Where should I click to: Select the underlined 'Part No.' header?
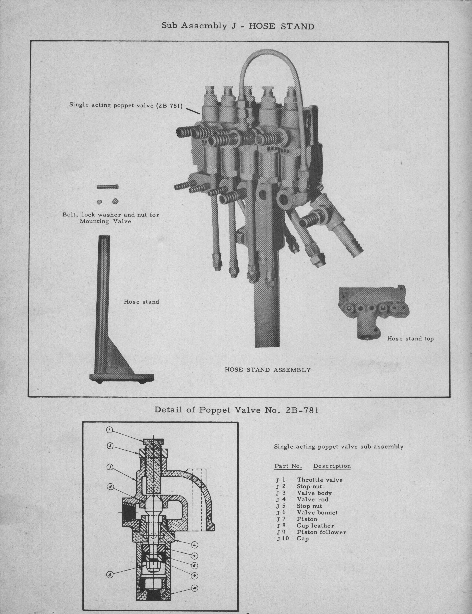(288, 466)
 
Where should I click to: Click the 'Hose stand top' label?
(410, 339)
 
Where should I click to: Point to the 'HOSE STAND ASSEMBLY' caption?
(267, 370)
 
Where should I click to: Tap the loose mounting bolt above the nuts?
(107, 187)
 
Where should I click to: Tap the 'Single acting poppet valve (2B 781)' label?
(126, 106)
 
